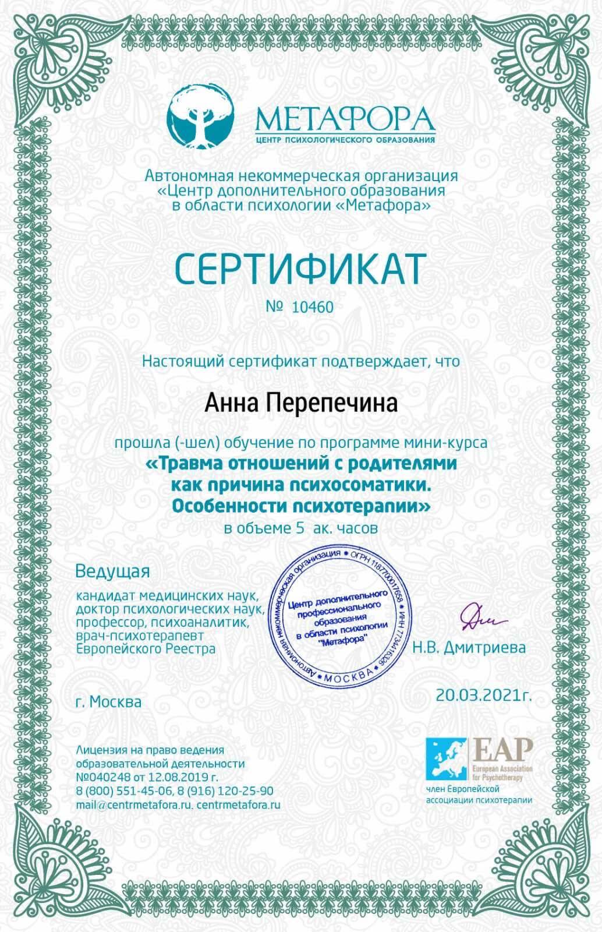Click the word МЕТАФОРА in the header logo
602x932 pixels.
[345, 119]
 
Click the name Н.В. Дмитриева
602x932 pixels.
[469, 647]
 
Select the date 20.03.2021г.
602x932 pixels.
[484, 694]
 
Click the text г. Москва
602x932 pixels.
[108, 702]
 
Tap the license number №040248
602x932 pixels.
[102, 777]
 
